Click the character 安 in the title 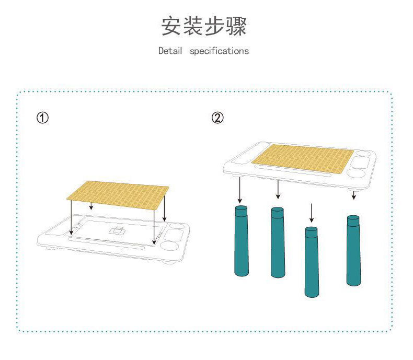[171, 26]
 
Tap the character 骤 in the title [237, 26]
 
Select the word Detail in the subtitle [170, 51]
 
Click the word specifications [219, 51]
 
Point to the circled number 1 [42, 118]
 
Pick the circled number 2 [218, 118]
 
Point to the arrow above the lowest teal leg [312, 213]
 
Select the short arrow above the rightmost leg [354, 195]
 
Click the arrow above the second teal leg [278, 189]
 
